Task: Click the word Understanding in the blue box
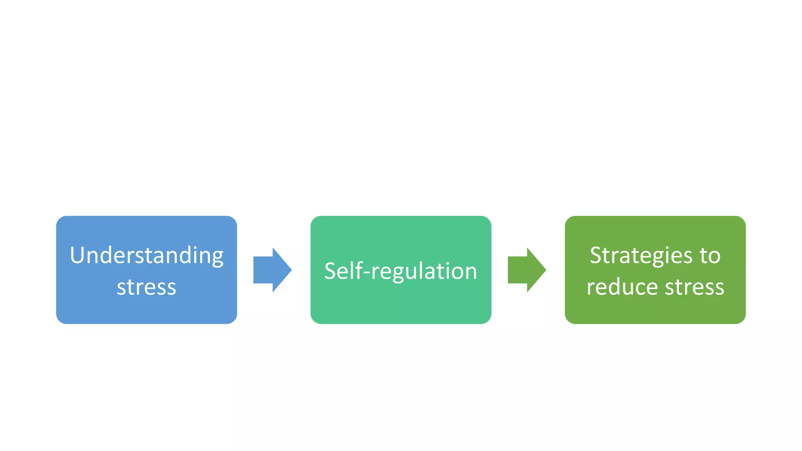(146, 256)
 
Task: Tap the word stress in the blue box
(146, 287)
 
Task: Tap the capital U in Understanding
(77, 255)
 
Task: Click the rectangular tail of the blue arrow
(263, 270)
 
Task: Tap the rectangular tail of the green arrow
(517, 270)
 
